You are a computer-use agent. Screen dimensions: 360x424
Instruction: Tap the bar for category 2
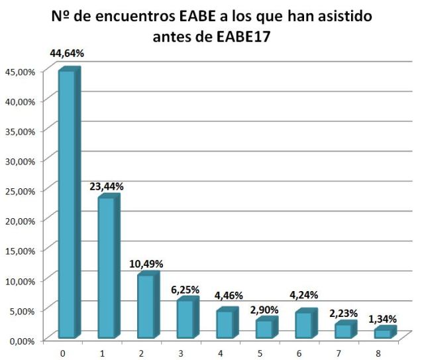coord(145,306)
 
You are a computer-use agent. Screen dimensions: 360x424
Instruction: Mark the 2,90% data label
coord(264,309)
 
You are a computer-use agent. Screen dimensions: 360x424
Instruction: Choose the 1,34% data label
coord(384,320)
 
